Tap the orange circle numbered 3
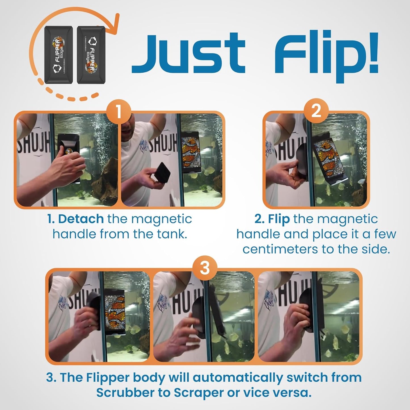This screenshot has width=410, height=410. (x=205, y=268)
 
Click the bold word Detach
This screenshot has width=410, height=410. (x=81, y=219)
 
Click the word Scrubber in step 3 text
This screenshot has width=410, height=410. (x=131, y=393)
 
